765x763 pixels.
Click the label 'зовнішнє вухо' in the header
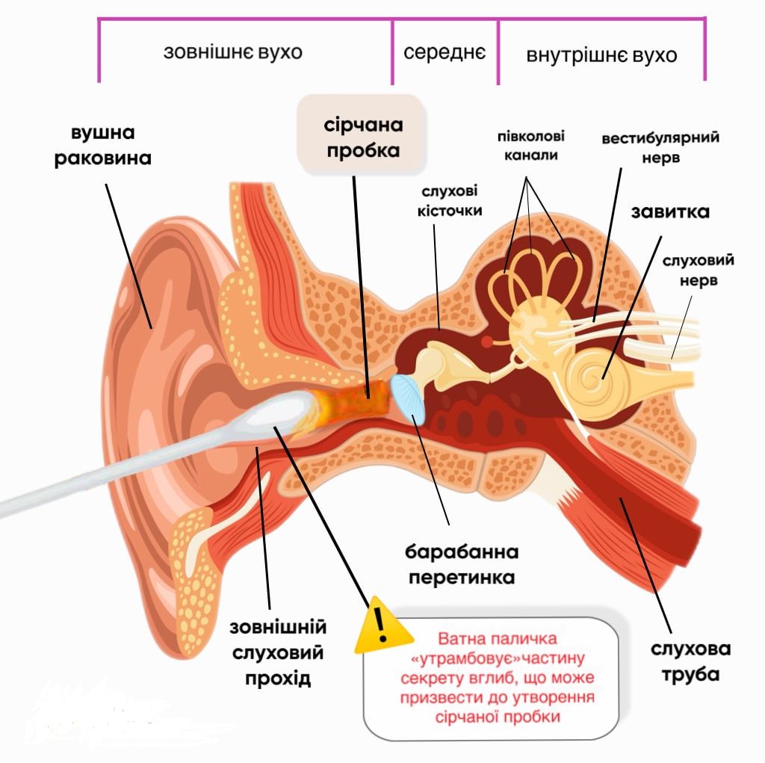click(233, 54)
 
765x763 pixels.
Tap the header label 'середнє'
click(445, 53)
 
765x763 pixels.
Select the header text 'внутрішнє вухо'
click(601, 56)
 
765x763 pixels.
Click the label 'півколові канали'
click(530, 146)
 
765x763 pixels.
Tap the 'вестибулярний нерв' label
click(660, 148)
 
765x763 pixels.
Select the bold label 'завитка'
click(669, 211)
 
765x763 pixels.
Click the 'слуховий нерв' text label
click(697, 270)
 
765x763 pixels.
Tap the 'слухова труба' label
click(690, 660)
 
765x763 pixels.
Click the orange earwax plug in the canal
click(357, 404)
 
